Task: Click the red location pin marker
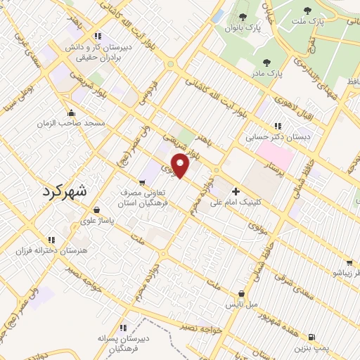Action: pos(181,165)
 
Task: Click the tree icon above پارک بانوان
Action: pos(243,17)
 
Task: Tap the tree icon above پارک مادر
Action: pos(266,62)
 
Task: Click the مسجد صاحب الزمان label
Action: pos(72,123)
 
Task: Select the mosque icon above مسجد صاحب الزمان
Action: pos(71,112)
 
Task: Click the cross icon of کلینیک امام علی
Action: pos(236,191)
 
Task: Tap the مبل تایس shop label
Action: pos(242,304)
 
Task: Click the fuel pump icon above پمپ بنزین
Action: pos(311,337)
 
